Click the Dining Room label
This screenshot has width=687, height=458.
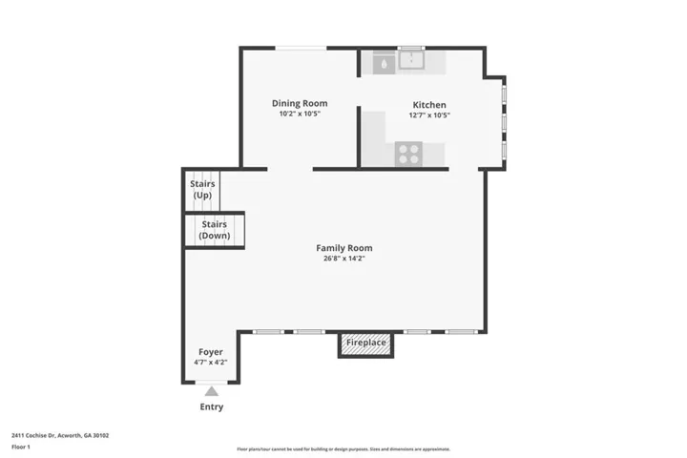(300, 103)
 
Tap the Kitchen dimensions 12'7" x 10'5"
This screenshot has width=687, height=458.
(429, 115)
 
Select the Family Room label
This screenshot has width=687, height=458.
(344, 248)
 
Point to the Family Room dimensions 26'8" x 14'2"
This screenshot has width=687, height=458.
(344, 259)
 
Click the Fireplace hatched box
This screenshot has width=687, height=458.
(365, 345)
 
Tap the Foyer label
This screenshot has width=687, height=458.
(211, 352)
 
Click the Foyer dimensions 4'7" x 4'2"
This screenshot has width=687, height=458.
(211, 363)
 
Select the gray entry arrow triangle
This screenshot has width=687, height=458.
(212, 391)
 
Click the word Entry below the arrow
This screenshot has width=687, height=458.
(212, 406)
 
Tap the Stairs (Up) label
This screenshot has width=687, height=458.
(202, 189)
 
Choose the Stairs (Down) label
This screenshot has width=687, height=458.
(215, 230)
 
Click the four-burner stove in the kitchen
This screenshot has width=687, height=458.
(408, 155)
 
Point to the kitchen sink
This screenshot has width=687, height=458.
(411, 60)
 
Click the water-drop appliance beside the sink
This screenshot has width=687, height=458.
(384, 64)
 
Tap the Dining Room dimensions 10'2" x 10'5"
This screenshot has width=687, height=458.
(300, 114)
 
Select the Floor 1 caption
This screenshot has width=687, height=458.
(21, 448)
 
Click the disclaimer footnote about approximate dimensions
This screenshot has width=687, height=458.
(343, 449)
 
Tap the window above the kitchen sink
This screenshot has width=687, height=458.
(411, 48)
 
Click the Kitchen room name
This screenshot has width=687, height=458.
(429, 105)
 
